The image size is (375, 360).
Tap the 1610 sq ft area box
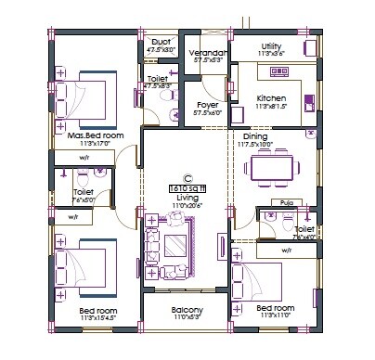coord(187,187)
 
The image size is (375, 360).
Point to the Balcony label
coord(187,310)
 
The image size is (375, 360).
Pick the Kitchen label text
coord(271,97)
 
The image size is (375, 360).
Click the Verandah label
coord(208,54)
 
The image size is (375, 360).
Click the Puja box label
coord(281,201)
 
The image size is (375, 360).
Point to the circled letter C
coord(187,177)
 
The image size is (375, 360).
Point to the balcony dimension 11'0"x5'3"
coord(187,318)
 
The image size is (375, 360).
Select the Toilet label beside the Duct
coord(157,80)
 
